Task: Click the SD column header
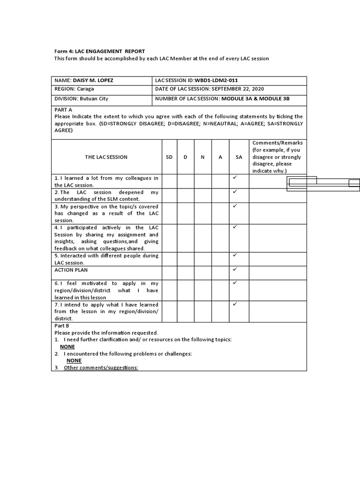[x=169, y=157]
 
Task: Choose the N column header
[x=202, y=157]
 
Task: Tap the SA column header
[x=239, y=157]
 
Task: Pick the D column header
[x=185, y=157]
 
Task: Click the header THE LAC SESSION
[x=106, y=157]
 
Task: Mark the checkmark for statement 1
[x=235, y=178]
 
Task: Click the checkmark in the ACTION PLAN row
[x=235, y=270]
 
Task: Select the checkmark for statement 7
[x=235, y=304]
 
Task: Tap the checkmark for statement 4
[x=235, y=227]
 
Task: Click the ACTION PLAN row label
[x=71, y=270]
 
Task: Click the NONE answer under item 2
[x=74, y=360]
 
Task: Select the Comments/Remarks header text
[x=277, y=143]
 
